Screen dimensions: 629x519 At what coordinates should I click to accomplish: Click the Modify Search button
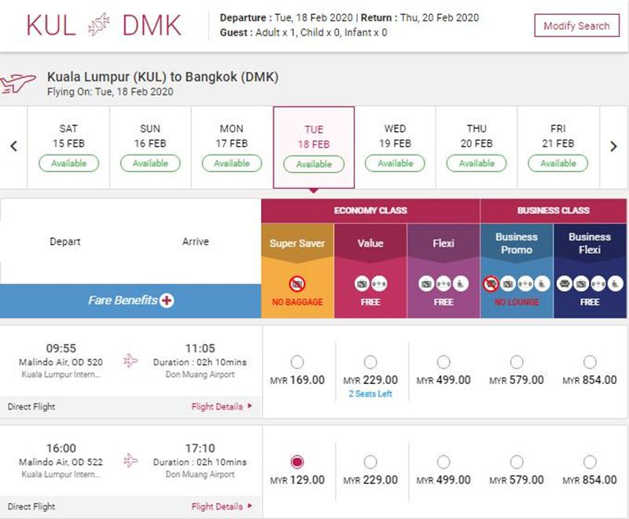[x=576, y=26]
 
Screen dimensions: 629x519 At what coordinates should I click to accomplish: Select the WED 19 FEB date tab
[x=395, y=148]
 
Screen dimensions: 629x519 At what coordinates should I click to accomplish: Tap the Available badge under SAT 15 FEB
[x=68, y=163]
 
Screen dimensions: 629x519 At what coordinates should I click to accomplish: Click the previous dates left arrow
[x=13, y=146]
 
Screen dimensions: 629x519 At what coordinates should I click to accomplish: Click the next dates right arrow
[x=613, y=146]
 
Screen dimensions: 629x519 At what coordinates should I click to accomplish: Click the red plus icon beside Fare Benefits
[x=167, y=301]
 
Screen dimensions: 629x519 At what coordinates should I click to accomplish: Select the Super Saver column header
[x=297, y=243]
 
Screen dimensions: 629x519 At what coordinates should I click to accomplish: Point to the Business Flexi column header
[x=590, y=243]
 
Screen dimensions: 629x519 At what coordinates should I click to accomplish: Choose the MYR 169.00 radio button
[x=297, y=362]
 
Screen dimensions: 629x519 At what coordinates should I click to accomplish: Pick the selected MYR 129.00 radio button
[x=297, y=462]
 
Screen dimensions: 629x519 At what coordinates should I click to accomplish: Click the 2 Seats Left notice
[x=370, y=393]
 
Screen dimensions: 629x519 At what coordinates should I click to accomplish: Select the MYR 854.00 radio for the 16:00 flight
[x=590, y=462]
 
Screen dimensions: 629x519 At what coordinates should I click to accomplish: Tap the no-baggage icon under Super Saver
[x=297, y=284]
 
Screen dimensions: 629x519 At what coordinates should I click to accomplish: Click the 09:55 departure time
[x=61, y=348]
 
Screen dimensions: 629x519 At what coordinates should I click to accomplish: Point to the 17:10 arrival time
[x=200, y=448]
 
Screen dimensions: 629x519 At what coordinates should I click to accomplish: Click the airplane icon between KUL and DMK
[x=99, y=24]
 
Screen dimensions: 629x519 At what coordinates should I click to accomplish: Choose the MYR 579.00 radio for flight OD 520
[x=517, y=362]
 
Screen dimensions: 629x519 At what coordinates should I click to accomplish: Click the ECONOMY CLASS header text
[x=370, y=210]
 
